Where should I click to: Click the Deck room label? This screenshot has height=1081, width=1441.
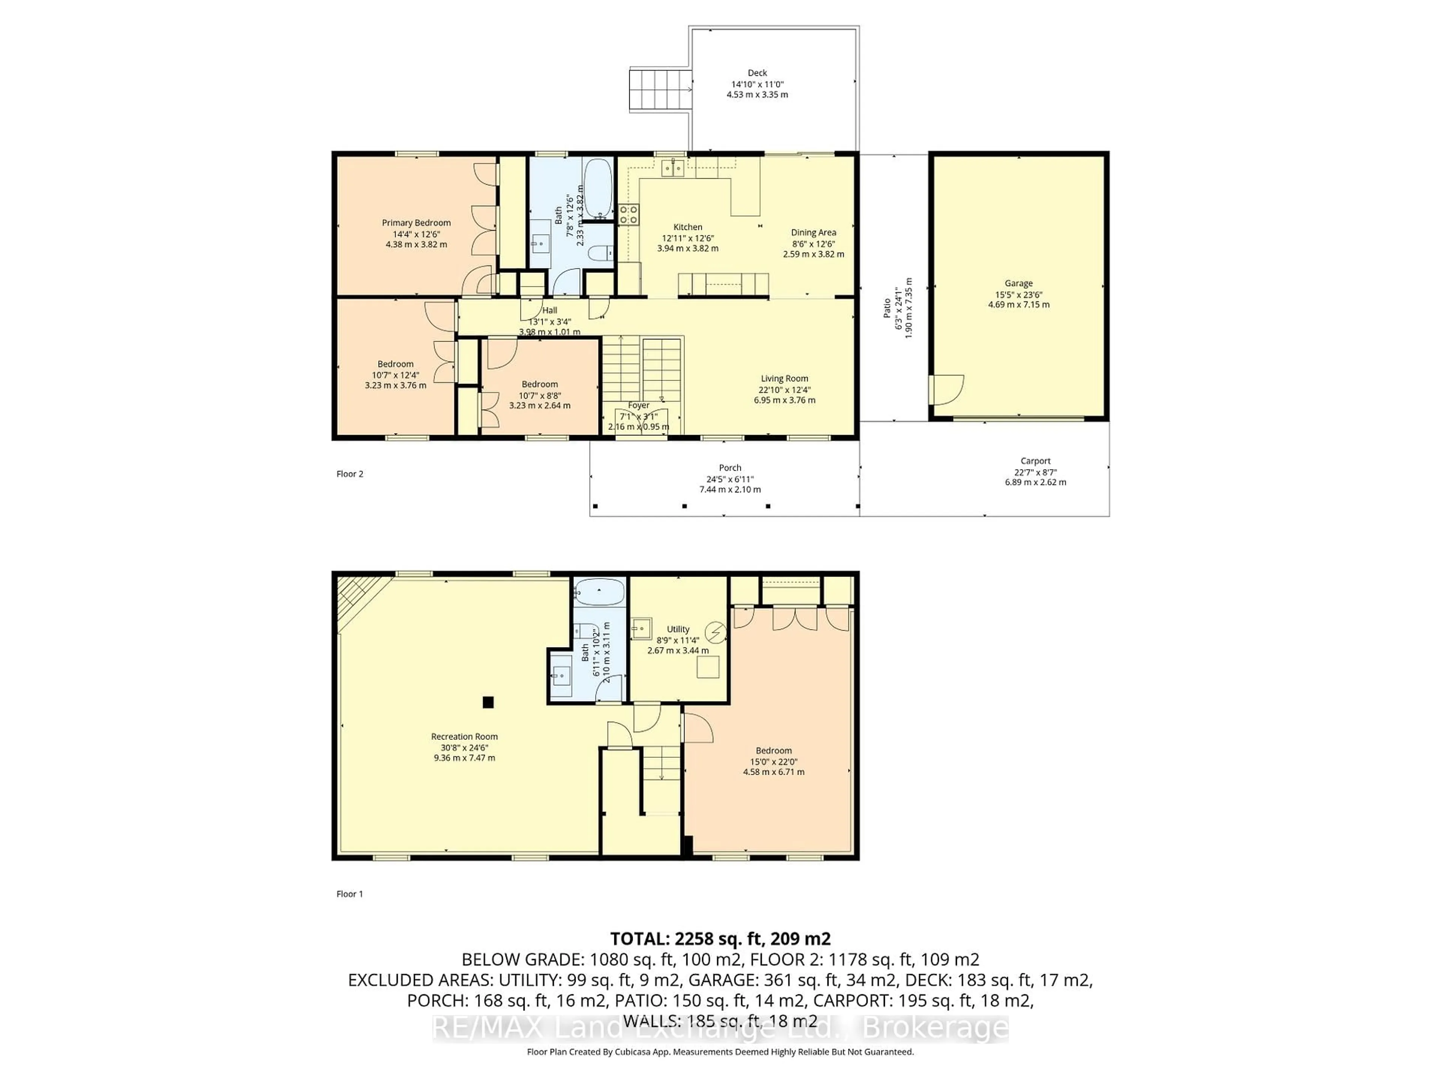click(x=757, y=73)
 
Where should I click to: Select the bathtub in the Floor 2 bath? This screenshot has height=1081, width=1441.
click(x=597, y=188)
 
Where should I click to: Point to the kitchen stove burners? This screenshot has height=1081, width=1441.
click(x=629, y=214)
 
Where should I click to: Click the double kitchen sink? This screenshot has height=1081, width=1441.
click(x=673, y=168)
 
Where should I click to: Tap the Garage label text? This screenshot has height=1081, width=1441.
click(x=1018, y=283)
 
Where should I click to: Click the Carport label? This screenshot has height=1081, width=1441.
click(x=1035, y=461)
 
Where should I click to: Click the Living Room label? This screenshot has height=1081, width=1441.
click(x=784, y=379)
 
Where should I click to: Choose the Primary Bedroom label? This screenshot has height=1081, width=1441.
click(x=416, y=223)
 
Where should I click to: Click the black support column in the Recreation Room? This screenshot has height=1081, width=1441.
click(x=488, y=702)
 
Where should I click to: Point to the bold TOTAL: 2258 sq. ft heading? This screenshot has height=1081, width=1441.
click(x=720, y=939)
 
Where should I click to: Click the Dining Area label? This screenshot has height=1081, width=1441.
click(x=813, y=233)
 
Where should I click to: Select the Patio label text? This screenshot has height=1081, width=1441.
click(x=887, y=308)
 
